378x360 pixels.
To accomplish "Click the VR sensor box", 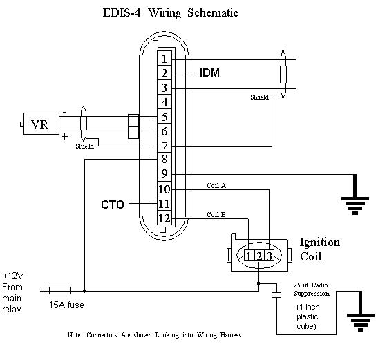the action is (x=41, y=124).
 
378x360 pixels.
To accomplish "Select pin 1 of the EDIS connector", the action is (x=164, y=58).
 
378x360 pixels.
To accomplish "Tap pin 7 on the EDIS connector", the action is (x=164, y=145).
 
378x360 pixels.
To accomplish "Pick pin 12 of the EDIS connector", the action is (x=164, y=218).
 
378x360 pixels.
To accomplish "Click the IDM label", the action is (x=209, y=73).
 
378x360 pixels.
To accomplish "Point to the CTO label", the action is (x=113, y=205).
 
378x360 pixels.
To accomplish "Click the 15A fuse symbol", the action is (x=60, y=290).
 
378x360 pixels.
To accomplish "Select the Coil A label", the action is (x=216, y=185).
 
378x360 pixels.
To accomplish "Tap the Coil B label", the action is (x=216, y=214).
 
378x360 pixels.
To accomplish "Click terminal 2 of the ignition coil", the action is (x=258, y=256).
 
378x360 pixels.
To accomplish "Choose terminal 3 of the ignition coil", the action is (x=269, y=256).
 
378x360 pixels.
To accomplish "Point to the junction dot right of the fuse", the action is (x=84, y=291).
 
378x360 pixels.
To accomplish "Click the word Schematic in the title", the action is (x=213, y=12).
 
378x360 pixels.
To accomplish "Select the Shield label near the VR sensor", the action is (x=84, y=146).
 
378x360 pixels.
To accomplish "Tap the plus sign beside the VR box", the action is (x=64, y=137).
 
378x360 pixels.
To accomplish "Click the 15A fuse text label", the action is (x=66, y=305).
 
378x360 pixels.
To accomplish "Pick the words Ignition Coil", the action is (x=320, y=249).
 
